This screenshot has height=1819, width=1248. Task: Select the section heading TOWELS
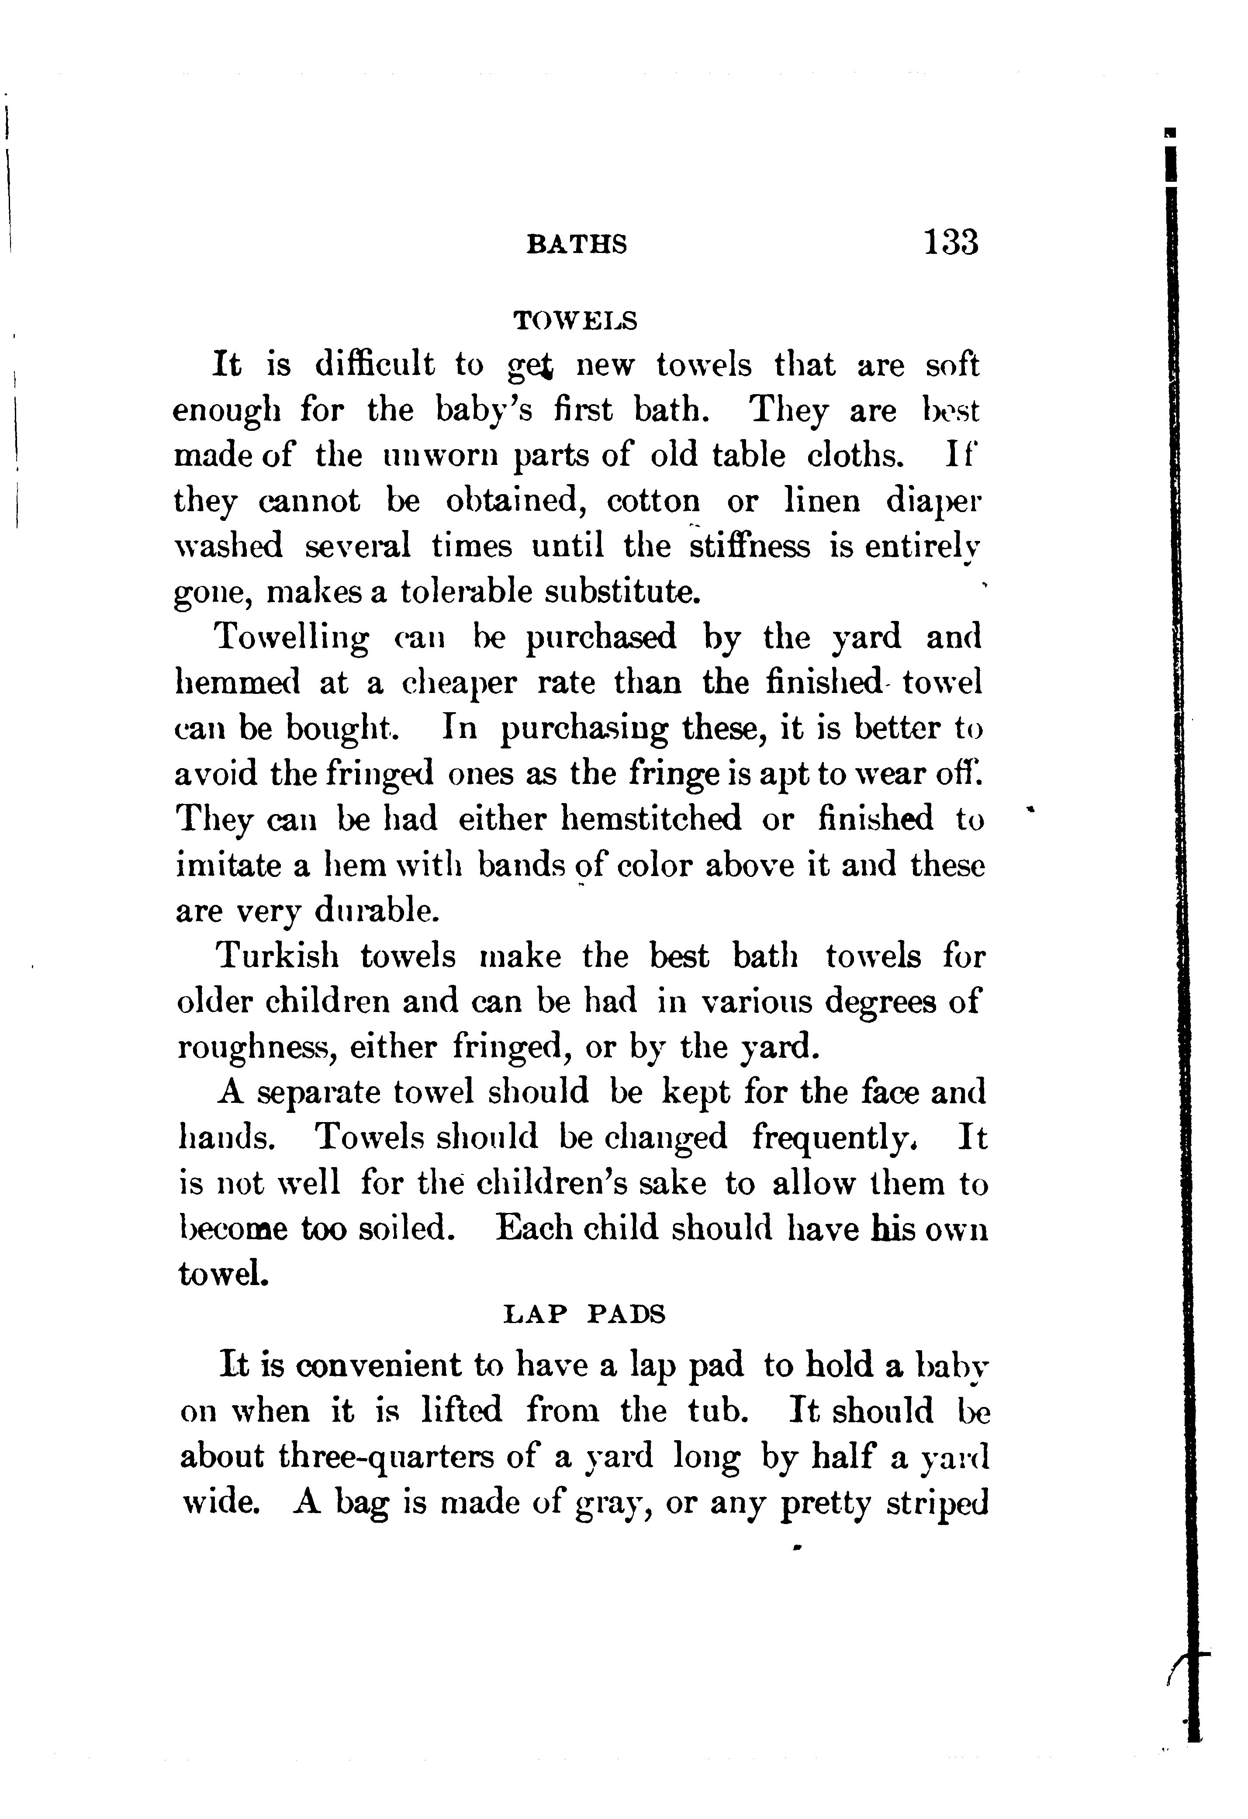(x=575, y=320)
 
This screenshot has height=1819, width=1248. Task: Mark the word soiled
(x=406, y=1228)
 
